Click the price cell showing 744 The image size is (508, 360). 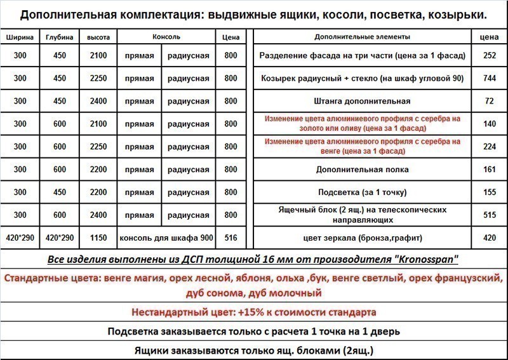(x=489, y=79)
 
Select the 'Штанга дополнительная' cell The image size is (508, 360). (x=362, y=101)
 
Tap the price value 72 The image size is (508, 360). (x=489, y=101)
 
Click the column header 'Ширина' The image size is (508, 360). (x=20, y=37)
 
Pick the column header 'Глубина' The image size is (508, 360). (x=60, y=37)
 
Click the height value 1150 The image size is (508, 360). (x=98, y=238)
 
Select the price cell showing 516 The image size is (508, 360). (x=231, y=238)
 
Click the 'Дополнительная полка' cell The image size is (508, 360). (x=362, y=170)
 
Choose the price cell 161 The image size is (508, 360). (x=489, y=170)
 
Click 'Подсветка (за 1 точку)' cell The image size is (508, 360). (x=362, y=192)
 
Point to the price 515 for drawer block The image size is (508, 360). (x=489, y=215)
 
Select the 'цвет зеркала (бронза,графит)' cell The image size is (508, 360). (x=362, y=238)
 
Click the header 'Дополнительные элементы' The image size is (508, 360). (x=362, y=37)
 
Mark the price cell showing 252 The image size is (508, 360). (x=489, y=56)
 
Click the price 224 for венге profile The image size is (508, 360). (x=489, y=147)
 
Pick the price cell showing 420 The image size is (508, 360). (x=489, y=238)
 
